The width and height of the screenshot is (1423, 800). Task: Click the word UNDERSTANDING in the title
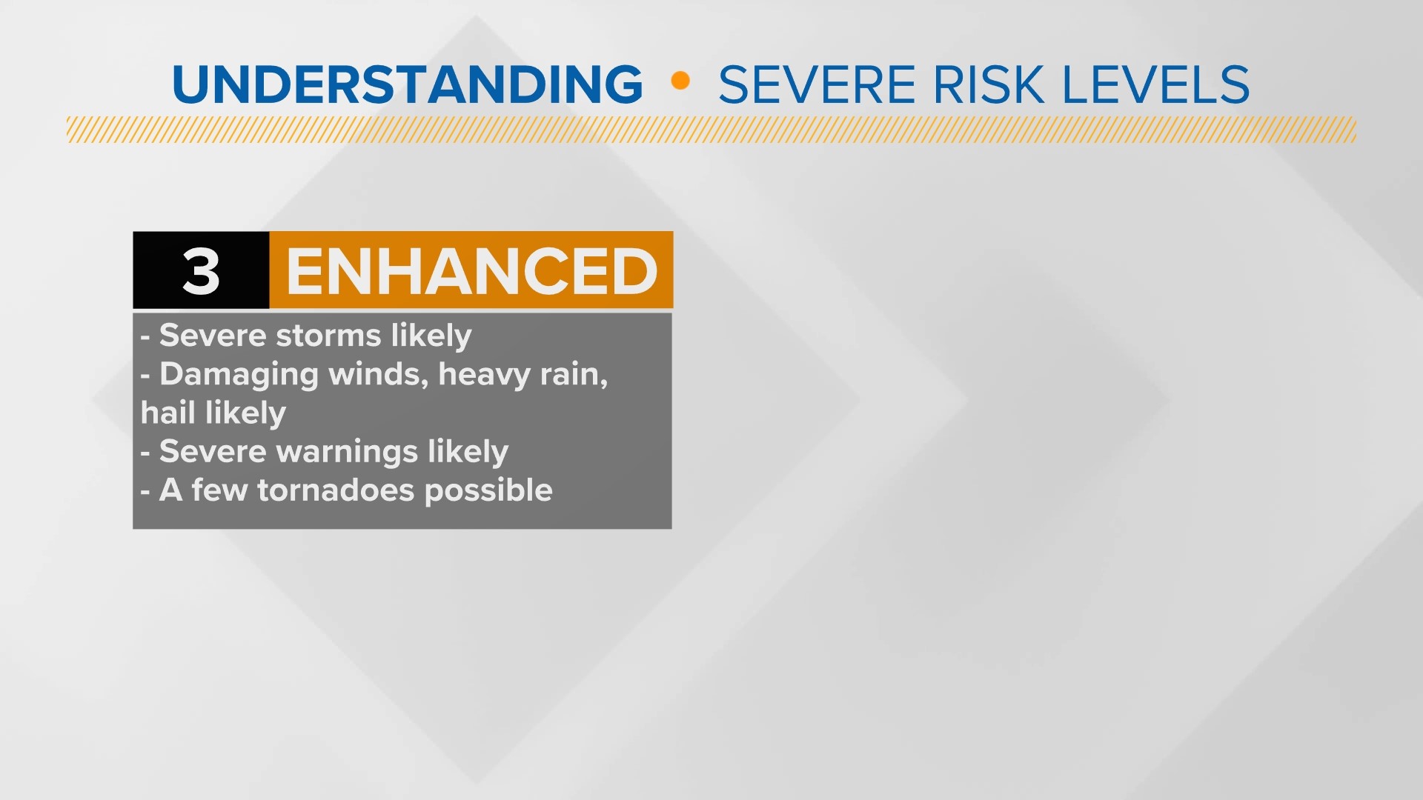(x=408, y=84)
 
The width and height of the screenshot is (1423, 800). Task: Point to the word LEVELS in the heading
(x=1156, y=84)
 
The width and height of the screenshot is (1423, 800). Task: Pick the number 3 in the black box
(x=201, y=271)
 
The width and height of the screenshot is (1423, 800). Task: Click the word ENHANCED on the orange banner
(x=472, y=271)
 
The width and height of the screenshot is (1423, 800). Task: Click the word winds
(x=378, y=375)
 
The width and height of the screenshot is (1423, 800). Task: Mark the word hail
(x=168, y=413)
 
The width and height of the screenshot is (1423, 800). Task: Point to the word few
(x=219, y=490)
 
